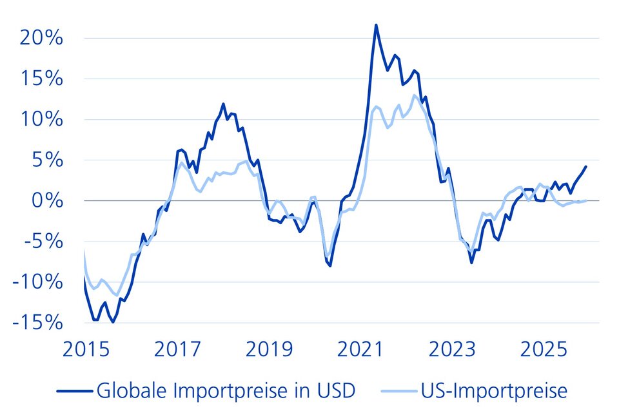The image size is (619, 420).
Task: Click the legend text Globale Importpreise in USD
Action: (x=225, y=391)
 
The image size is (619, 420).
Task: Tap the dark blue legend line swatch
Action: (x=74, y=391)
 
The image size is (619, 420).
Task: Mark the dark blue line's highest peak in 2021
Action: (x=376, y=25)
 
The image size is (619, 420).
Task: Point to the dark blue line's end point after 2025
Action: (x=585, y=166)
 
